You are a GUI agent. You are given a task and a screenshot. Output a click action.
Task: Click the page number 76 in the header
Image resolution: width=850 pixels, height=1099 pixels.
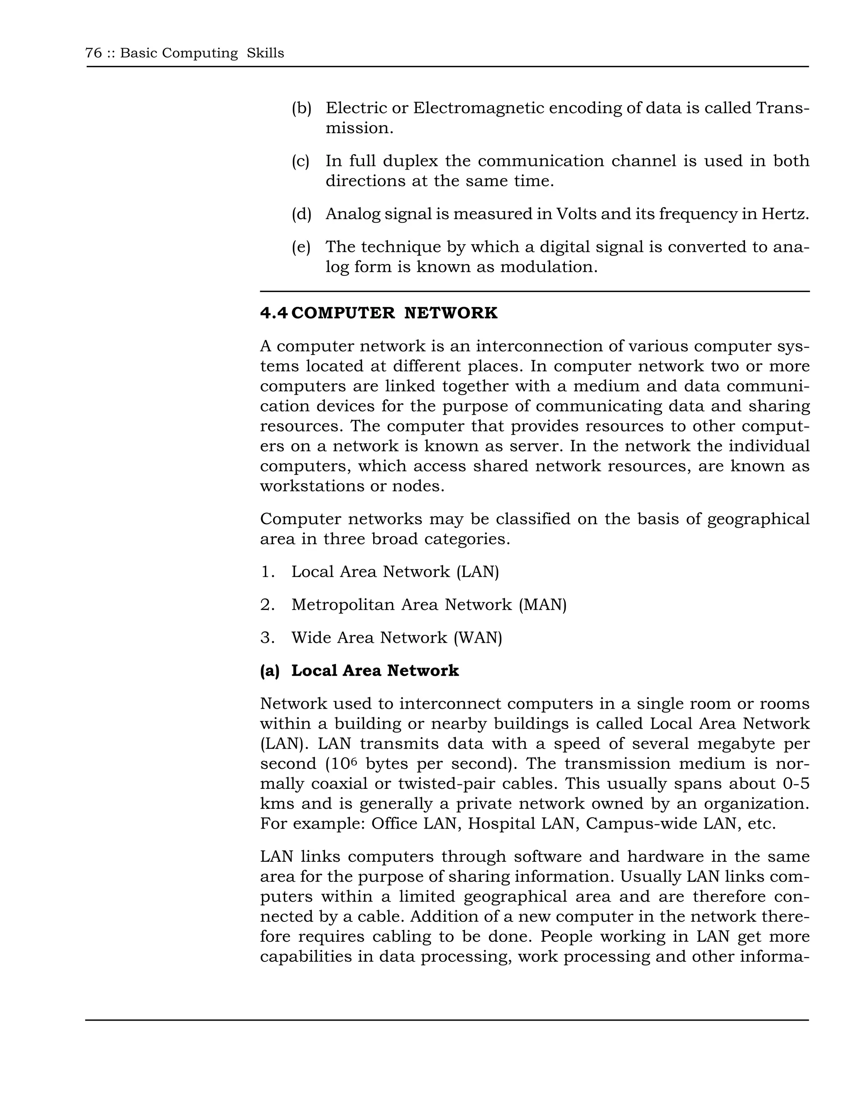(x=94, y=53)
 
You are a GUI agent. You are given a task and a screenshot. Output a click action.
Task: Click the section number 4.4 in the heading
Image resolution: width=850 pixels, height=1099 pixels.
(x=274, y=313)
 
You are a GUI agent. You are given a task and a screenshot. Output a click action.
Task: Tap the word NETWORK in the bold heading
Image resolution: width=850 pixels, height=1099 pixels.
(x=451, y=313)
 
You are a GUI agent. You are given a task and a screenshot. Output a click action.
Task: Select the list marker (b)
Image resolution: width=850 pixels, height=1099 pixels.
(x=301, y=108)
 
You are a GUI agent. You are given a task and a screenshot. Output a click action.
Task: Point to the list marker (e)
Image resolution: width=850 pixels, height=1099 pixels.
(x=301, y=247)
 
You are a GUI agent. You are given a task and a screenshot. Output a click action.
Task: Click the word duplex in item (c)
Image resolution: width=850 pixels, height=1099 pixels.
(x=411, y=161)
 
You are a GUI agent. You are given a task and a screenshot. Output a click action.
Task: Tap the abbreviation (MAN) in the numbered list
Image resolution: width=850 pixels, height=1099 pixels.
(x=542, y=605)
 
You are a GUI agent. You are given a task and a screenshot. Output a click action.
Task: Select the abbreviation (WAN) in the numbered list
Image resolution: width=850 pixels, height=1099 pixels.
(x=477, y=638)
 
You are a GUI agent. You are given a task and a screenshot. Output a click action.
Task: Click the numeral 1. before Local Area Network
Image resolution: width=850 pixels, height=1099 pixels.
(x=267, y=572)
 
